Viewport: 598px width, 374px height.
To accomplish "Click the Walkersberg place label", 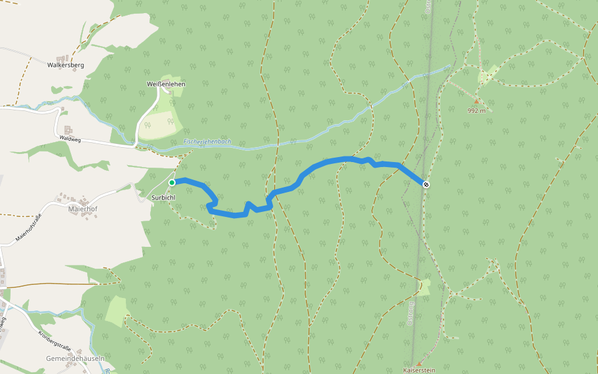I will (65, 64).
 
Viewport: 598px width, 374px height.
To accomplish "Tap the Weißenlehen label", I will (166, 84).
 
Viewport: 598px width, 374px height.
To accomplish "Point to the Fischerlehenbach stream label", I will (207, 142).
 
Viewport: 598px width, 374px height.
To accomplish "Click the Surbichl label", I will (163, 197).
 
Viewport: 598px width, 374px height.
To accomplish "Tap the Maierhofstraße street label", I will (28, 228).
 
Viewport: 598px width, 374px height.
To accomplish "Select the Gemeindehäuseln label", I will (75, 360).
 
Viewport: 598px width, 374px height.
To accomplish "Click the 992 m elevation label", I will (477, 110).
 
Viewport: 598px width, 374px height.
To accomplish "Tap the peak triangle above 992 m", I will (477, 101).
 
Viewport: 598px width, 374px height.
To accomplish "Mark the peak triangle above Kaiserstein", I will (419, 363).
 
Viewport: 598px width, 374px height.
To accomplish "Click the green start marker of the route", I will (172, 182).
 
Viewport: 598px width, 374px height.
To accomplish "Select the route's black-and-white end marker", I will (426, 184).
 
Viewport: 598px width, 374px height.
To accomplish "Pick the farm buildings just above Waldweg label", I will (68, 130).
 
